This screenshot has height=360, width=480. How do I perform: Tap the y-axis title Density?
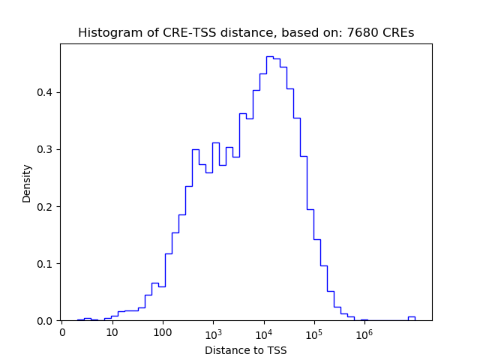[27, 183]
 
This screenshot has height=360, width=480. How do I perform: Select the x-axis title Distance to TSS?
[246, 350]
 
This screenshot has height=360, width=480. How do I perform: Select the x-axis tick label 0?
[62, 332]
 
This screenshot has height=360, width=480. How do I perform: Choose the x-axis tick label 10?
[112, 332]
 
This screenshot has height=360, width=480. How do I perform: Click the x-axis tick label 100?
[163, 332]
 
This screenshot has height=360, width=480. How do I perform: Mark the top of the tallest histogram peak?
[270, 56]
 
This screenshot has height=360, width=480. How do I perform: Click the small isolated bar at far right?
[411, 318]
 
